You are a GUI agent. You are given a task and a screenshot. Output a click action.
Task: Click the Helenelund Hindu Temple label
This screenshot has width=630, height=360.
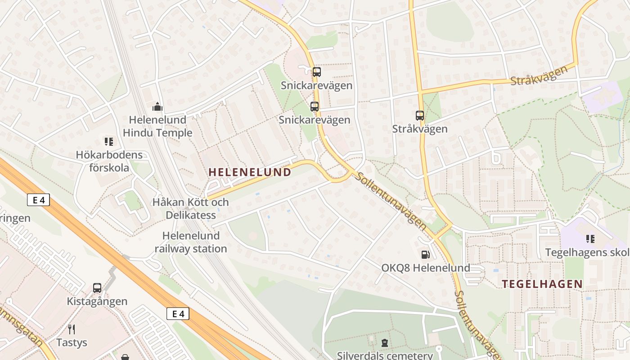157,126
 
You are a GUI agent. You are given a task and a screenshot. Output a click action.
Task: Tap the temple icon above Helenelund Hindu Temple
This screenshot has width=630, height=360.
157,107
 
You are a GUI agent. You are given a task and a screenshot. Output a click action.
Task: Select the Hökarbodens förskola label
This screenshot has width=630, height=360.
109,161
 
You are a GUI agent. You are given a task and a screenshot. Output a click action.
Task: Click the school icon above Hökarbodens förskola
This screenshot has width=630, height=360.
109,142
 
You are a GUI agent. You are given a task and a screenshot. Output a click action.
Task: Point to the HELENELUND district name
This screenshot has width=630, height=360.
250,172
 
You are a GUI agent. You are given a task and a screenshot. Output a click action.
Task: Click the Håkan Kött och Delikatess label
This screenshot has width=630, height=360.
191,208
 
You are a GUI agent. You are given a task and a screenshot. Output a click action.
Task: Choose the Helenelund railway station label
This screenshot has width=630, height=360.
191,242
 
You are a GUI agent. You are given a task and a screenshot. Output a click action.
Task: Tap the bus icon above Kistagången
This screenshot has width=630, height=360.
97,288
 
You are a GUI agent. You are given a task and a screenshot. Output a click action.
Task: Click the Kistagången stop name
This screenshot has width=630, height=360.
97,301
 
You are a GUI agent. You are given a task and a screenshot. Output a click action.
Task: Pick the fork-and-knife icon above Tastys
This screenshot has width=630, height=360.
72,329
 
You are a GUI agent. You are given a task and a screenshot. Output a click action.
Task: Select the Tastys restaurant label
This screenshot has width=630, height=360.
72,342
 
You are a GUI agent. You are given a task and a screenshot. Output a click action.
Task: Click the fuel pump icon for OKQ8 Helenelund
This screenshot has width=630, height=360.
425,255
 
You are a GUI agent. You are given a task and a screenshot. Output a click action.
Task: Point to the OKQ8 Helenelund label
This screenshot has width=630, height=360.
426,268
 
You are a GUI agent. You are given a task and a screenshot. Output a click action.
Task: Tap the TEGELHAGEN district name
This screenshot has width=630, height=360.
542,284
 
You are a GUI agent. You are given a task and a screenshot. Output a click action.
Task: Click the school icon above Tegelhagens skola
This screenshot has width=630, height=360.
590,239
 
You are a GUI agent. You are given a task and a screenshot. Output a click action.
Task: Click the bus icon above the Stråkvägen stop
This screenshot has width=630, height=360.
420,116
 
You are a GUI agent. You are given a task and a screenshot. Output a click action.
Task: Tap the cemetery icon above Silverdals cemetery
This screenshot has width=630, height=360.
385,343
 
